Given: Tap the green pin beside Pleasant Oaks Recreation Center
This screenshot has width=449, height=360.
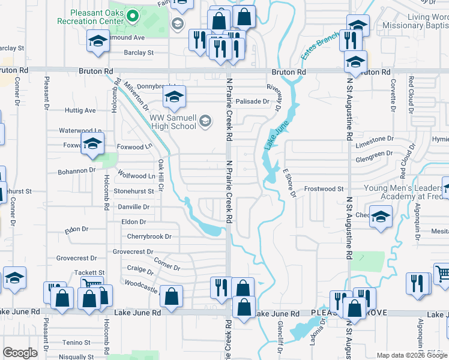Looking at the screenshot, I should tap(134, 16).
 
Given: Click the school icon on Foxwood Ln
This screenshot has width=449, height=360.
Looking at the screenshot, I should tap(93, 144).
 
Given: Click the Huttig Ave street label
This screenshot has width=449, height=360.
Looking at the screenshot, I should tap(80, 110).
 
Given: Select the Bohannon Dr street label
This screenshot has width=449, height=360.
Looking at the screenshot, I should tap(76, 170).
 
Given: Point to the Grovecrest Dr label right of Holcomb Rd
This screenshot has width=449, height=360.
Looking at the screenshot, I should tap(133, 252).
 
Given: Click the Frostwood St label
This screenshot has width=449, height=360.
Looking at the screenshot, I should tap(324, 189).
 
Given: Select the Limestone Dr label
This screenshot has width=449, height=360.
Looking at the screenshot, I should tap(374, 139).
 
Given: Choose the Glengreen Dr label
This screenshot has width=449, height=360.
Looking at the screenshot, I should tap(374, 153).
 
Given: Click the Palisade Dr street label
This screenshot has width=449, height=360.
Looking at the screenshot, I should tap(252, 101).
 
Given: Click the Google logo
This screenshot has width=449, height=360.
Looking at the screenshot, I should tap(20, 353).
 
